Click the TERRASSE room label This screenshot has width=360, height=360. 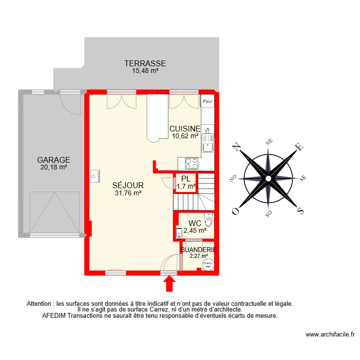pos(145,63)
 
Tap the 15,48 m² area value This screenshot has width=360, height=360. pos(145,71)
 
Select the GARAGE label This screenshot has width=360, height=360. pos(54,160)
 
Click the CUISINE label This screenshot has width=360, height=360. pos(185,129)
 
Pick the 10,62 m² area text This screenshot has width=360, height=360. pos(185,136)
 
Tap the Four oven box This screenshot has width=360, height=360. pos(207,101)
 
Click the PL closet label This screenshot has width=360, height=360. pos(186,179)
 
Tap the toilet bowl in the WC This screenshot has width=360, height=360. pos(208,220)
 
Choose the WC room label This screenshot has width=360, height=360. pos(194,223)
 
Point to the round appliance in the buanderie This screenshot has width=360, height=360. pos(208,264)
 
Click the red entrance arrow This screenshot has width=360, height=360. pos(169,285)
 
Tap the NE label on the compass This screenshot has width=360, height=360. pos(269,141)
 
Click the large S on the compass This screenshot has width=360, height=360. pos(300,210)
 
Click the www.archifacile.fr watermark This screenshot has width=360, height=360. pos(330,335)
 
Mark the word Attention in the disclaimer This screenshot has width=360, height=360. pos(41,304)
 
